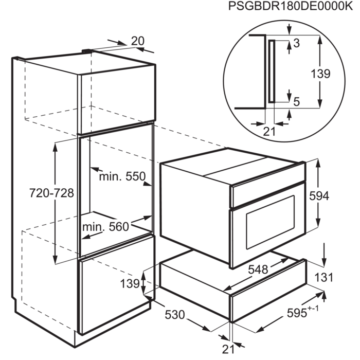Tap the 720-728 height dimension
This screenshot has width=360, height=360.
coord(51,193)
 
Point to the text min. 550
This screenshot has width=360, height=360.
coord(122,177)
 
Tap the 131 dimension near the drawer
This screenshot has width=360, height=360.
coord(323,278)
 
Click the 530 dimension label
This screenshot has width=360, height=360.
coord(175,314)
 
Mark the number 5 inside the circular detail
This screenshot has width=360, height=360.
coord(296,102)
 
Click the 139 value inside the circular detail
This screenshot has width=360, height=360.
coord(320,74)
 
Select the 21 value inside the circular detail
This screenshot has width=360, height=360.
coord(268,131)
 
